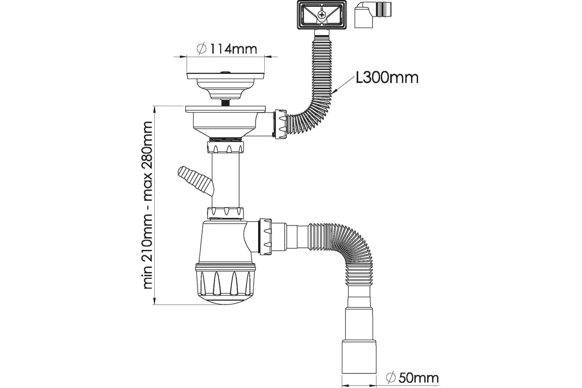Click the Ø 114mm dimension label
[x=227, y=49]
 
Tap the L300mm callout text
[x=387, y=78]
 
